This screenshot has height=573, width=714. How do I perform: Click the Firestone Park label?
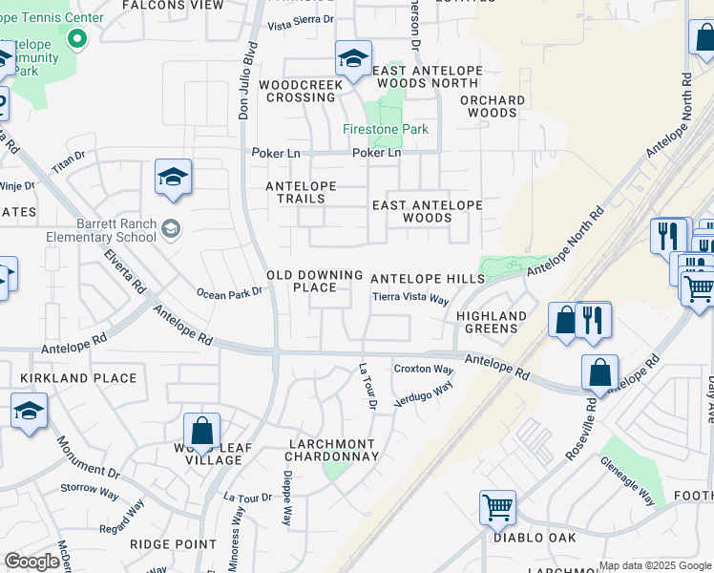(386, 129)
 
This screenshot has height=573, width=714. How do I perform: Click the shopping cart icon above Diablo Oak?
(497, 508)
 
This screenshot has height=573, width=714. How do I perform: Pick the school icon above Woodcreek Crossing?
(353, 58)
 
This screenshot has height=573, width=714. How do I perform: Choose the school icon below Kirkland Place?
(29, 411)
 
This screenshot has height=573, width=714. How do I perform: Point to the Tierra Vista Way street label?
(410, 298)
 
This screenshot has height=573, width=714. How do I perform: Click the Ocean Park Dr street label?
(229, 294)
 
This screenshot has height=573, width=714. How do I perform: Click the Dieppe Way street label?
(285, 498)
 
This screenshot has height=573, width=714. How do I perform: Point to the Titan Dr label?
(69, 160)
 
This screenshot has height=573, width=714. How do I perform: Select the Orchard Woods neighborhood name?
(493, 106)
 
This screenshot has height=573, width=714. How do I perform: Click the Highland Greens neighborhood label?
(492, 322)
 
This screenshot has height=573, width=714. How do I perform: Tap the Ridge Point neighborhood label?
(174, 543)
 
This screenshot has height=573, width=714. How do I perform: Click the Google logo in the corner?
(31, 562)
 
